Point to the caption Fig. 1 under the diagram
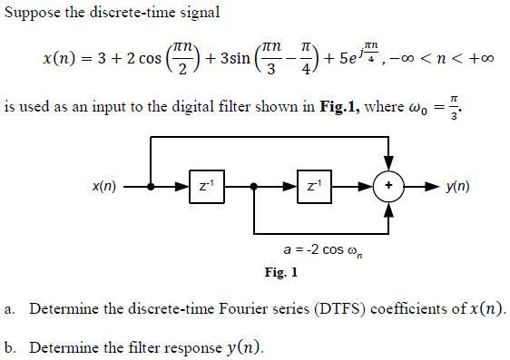[x=280, y=271]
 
